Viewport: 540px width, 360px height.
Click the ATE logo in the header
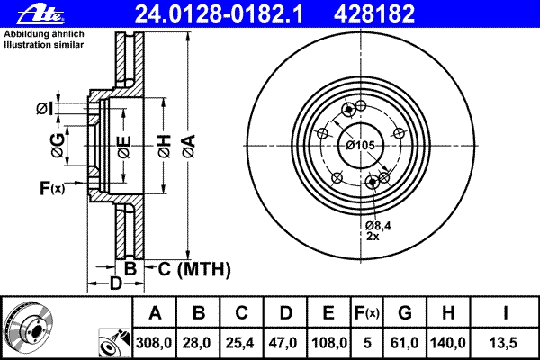tap(40, 14)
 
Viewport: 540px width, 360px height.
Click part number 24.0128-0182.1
tap(219, 14)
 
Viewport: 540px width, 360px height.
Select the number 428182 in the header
tap(374, 14)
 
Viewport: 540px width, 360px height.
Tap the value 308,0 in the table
tap(154, 343)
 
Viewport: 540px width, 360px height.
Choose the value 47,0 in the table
tap(284, 343)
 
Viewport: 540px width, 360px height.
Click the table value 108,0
tap(328, 343)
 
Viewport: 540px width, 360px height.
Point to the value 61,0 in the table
tap(404, 343)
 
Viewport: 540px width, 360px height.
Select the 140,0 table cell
tap(447, 343)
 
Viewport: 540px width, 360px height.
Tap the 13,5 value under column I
tap(503, 343)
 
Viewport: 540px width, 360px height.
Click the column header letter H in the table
tap(447, 313)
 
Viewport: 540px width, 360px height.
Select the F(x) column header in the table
tap(367, 313)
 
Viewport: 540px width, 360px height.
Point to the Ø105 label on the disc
tap(360, 146)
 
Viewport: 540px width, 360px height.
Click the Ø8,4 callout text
tap(378, 226)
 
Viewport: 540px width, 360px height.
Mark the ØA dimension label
tap(189, 147)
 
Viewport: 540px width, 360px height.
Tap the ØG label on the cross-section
tap(58, 146)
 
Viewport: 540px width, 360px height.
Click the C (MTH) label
tap(194, 269)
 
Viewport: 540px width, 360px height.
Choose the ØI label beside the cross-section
tap(45, 109)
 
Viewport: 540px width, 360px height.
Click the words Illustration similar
tap(44, 45)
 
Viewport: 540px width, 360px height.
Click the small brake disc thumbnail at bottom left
tap(28, 328)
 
